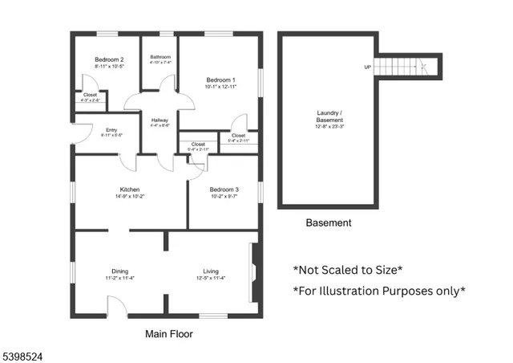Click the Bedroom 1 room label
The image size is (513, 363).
point(220,80)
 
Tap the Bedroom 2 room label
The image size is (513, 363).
point(109,60)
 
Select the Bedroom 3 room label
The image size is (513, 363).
point(224,190)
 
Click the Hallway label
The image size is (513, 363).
point(160,120)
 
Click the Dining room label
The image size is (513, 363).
point(119,271)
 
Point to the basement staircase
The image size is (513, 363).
point(409,67)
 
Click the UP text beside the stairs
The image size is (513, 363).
point(368,67)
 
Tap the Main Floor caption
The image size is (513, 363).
point(168,333)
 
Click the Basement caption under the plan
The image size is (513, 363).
point(329,222)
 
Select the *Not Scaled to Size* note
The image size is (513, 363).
point(347,270)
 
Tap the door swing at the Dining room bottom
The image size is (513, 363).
point(116,305)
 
